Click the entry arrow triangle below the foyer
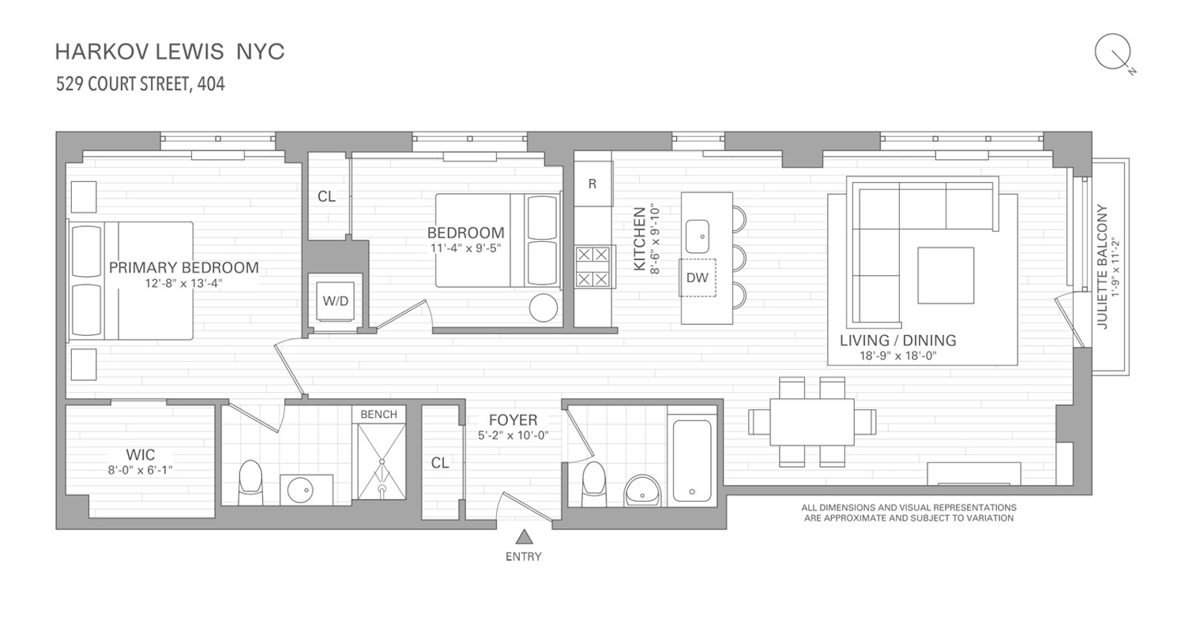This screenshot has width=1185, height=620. click(x=524, y=537)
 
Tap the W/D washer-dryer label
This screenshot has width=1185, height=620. click(x=336, y=300)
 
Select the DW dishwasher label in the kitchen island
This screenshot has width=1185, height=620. click(x=697, y=277)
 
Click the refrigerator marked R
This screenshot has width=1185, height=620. click(x=593, y=183)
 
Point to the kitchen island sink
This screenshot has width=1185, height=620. click(x=697, y=237)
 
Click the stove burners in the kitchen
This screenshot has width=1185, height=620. click(x=592, y=267)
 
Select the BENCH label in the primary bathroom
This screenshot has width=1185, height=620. click(x=378, y=414)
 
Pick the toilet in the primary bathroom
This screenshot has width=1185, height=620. click(x=251, y=482)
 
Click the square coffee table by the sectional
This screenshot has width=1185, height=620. click(x=945, y=275)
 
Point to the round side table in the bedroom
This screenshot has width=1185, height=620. click(x=544, y=308)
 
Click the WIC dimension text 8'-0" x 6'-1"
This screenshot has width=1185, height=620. click(x=141, y=470)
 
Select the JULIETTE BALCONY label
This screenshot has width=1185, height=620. click(x=1102, y=267)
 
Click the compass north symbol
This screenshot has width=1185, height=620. click(x=1113, y=53)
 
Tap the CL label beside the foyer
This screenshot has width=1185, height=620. click(x=440, y=463)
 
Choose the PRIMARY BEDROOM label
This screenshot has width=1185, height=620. click(x=184, y=267)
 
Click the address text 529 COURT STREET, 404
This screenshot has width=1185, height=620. click(x=141, y=84)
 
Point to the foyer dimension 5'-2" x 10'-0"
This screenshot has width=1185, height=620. click(x=513, y=436)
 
